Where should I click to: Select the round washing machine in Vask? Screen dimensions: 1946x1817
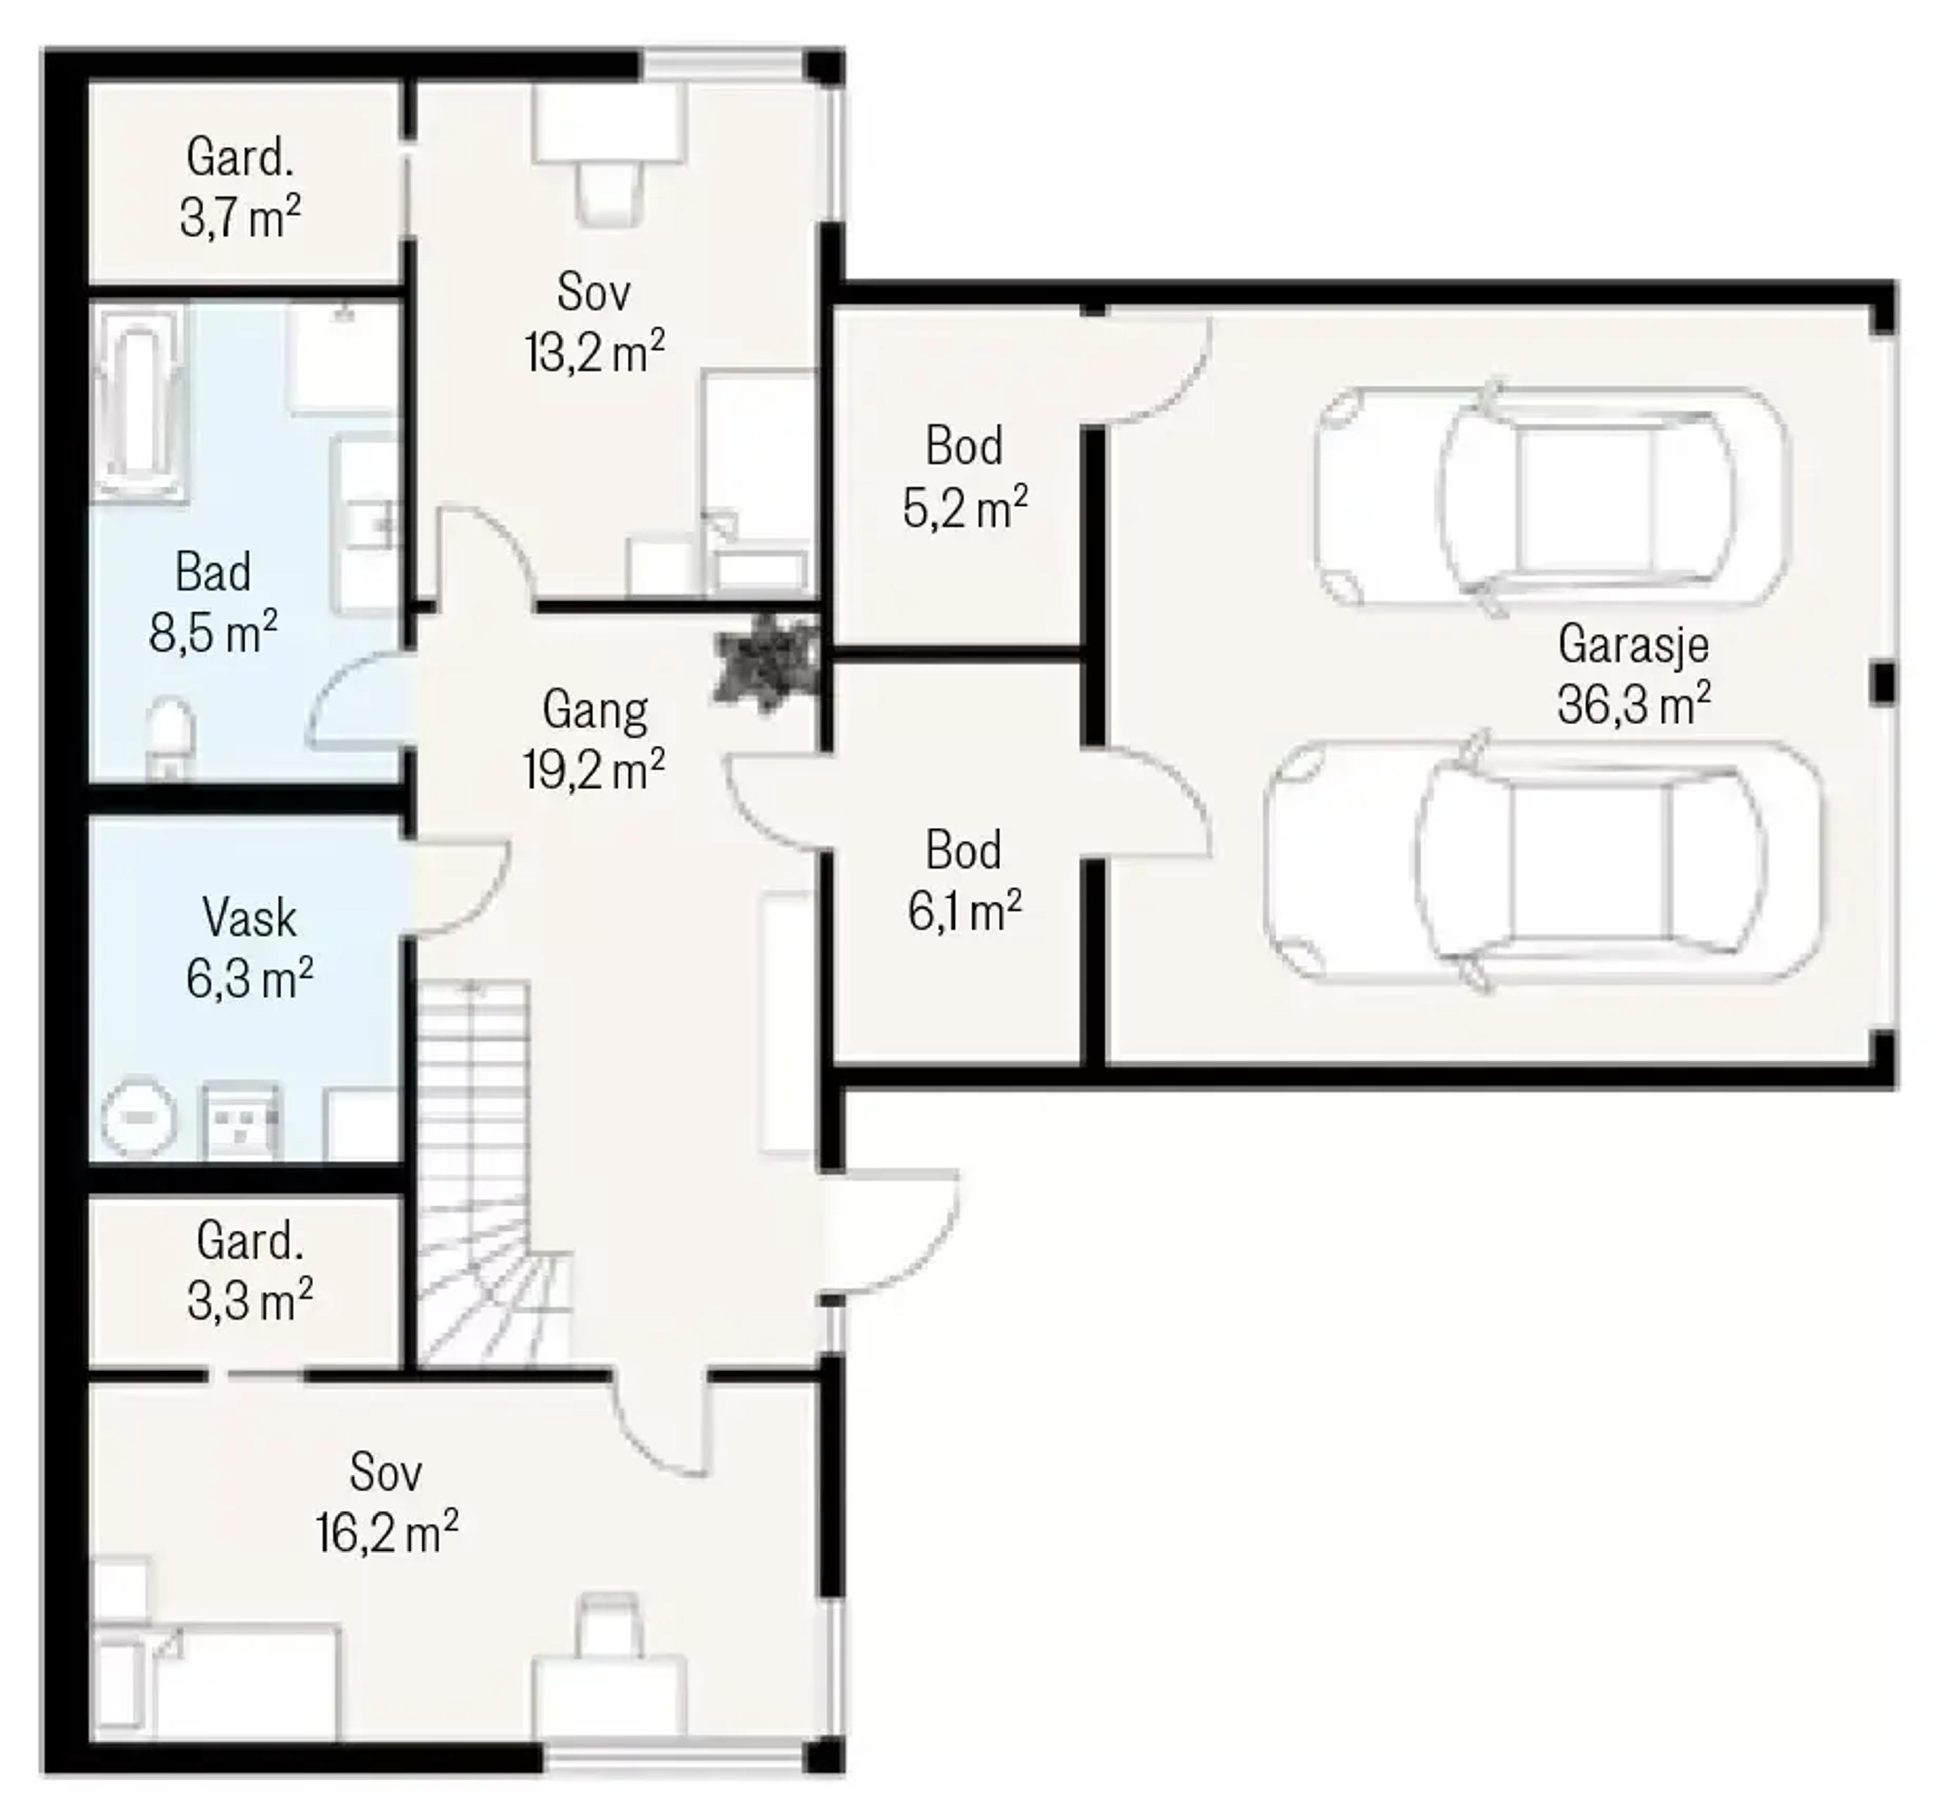(140, 1118)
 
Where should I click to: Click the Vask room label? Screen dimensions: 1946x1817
(250, 918)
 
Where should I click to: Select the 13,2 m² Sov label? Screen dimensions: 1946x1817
(594, 322)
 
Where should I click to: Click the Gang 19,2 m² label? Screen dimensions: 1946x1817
(594, 740)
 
